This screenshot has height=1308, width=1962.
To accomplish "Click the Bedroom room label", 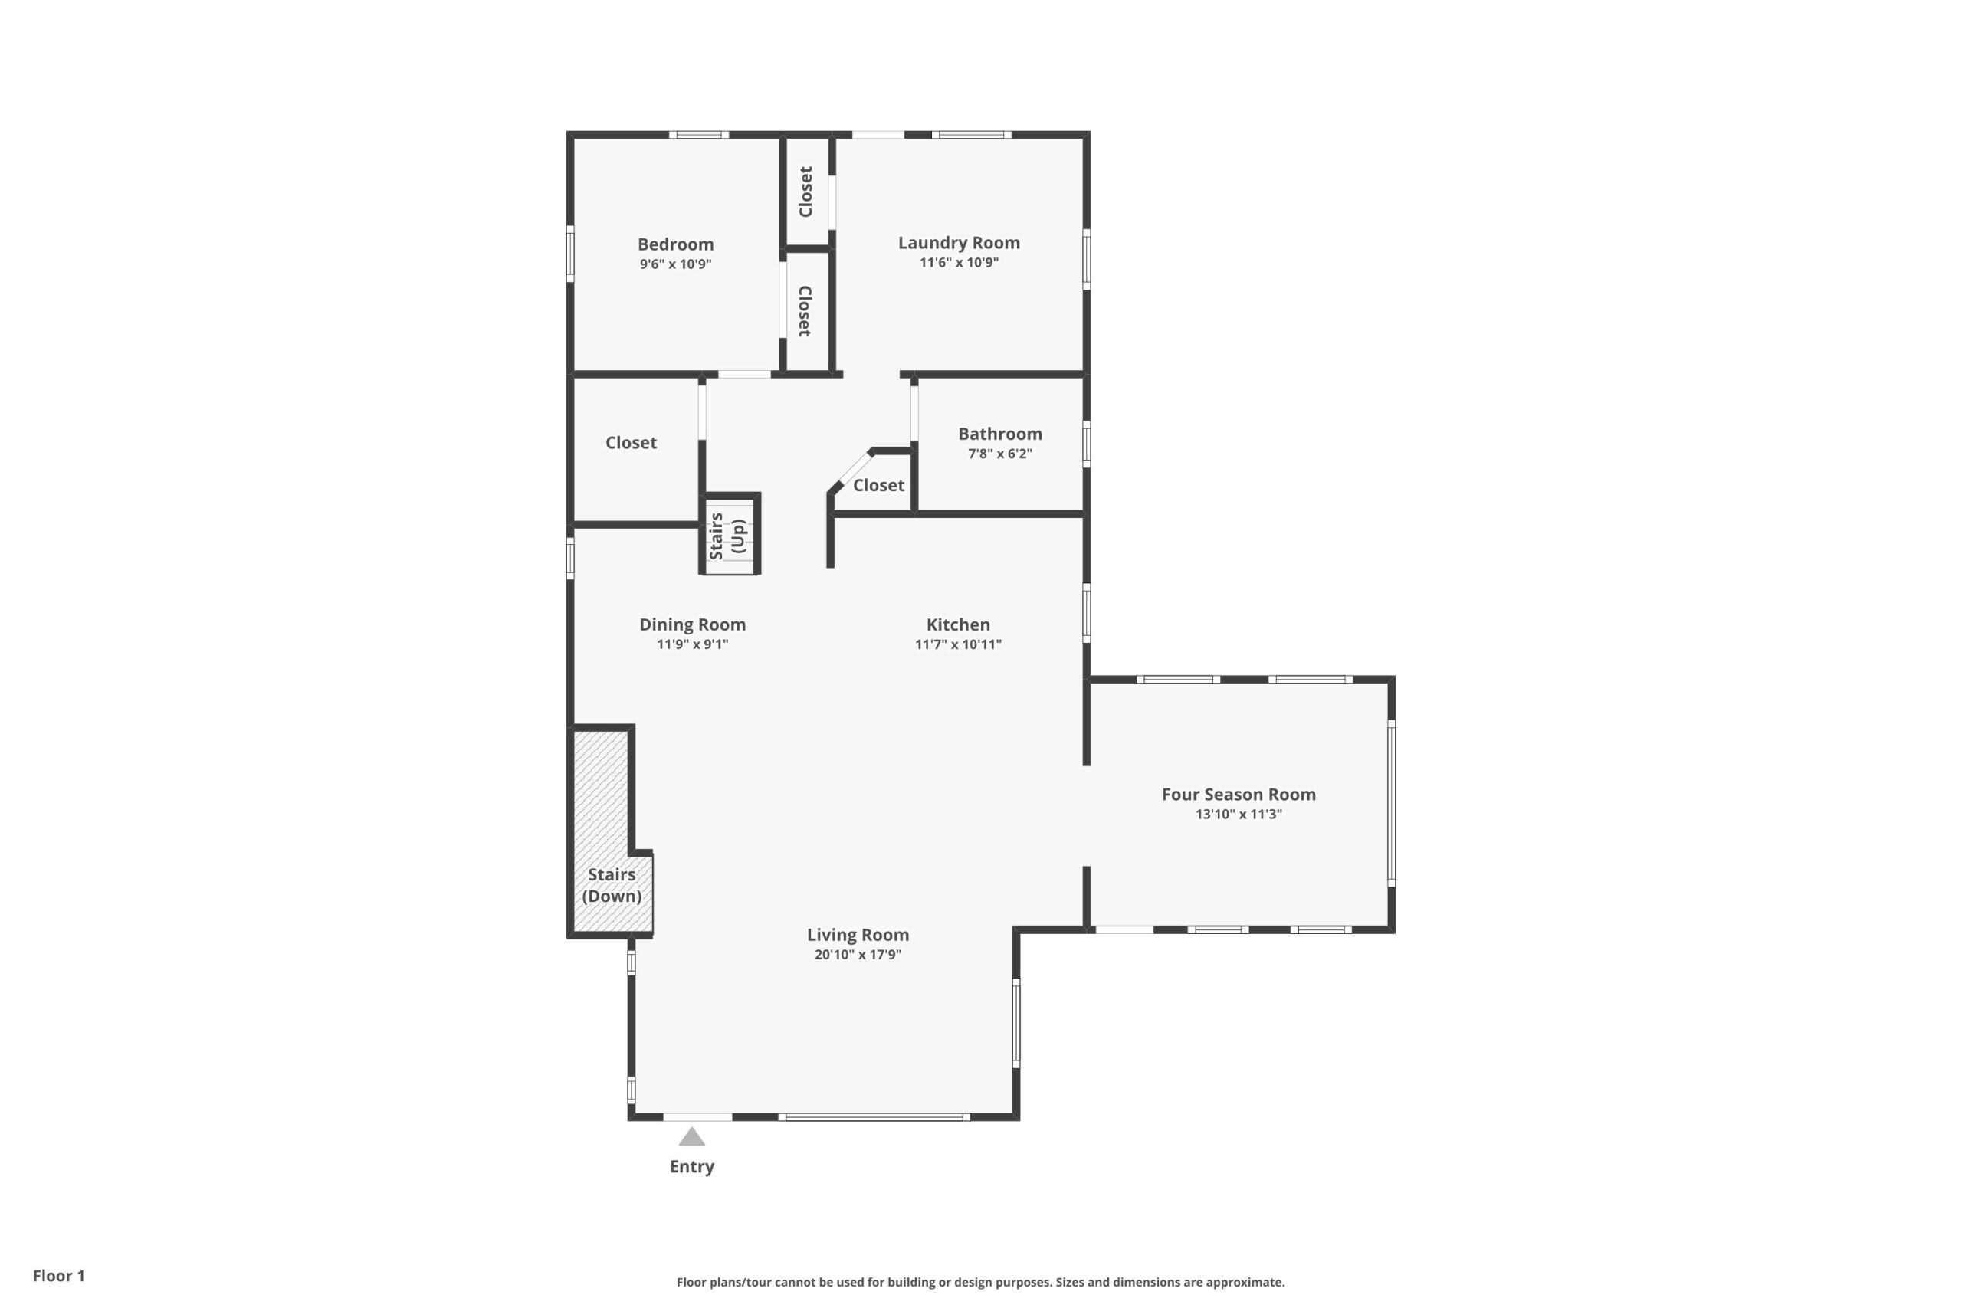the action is tap(676, 244).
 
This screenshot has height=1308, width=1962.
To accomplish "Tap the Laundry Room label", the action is tap(959, 243).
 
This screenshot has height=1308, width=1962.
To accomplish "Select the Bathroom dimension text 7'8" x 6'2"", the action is tap(999, 454).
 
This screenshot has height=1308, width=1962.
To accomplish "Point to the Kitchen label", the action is tap(958, 624).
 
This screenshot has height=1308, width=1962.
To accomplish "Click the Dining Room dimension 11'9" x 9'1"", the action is tap(692, 644).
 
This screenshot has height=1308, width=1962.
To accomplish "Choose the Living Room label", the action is tap(858, 935).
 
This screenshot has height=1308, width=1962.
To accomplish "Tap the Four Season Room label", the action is tap(1239, 795).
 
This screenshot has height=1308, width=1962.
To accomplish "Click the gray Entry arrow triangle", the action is tap(691, 1136).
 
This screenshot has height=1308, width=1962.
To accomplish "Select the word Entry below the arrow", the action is tap(691, 1167).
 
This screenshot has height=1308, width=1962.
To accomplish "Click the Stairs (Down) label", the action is tap(612, 885).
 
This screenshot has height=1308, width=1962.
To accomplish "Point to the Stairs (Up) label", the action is tap(727, 536).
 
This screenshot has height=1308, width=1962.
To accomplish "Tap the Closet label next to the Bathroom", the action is tap(878, 486).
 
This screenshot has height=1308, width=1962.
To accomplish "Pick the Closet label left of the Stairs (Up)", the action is tap(631, 443).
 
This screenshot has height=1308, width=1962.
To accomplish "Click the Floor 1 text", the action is tap(58, 1276).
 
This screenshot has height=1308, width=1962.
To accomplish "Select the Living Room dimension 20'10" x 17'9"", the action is tap(858, 954).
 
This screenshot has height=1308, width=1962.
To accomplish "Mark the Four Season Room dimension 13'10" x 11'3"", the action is tap(1239, 815).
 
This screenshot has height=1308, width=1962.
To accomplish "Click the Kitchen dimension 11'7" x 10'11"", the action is tap(958, 644).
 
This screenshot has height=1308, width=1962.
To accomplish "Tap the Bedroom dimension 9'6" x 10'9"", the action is tap(676, 264).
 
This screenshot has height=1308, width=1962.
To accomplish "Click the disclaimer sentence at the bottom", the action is tap(980, 1282).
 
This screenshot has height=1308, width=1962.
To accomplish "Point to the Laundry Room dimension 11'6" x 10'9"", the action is tap(959, 263).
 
